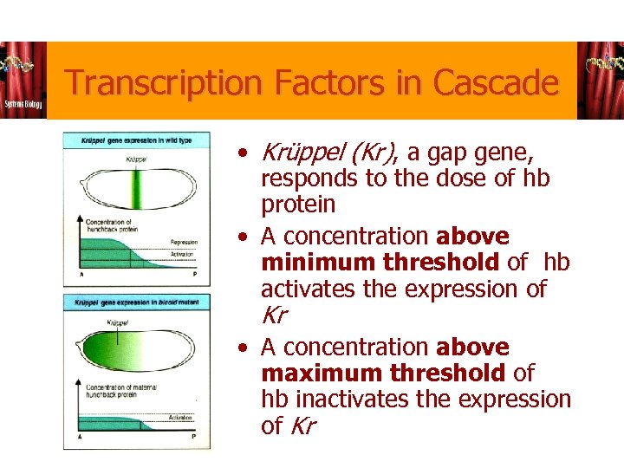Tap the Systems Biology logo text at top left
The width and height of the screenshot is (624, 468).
(x=23, y=103)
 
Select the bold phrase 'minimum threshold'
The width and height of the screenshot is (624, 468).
(x=380, y=262)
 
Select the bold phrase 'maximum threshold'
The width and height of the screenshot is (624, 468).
(x=382, y=373)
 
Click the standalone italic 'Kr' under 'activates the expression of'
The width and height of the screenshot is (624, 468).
(x=274, y=315)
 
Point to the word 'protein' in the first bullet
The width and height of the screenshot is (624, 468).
(x=298, y=205)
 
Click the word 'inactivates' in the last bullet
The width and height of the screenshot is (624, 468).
(x=341, y=399)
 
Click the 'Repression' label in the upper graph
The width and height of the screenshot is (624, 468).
(x=184, y=243)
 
